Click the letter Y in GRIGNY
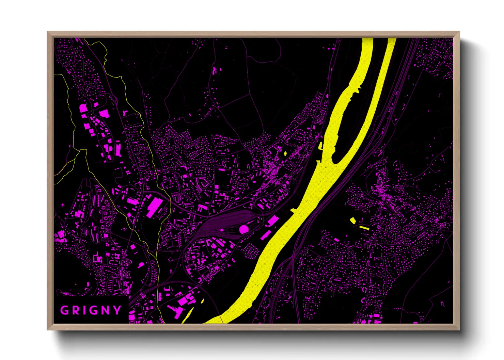coord(117,310)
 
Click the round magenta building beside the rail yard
coord(244,229)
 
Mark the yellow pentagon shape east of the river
coord(353,220)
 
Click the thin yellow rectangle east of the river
coord(364,227)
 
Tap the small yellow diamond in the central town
coord(285,153)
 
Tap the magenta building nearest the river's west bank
coord(272,221)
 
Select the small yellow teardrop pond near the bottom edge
coord(203,300)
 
